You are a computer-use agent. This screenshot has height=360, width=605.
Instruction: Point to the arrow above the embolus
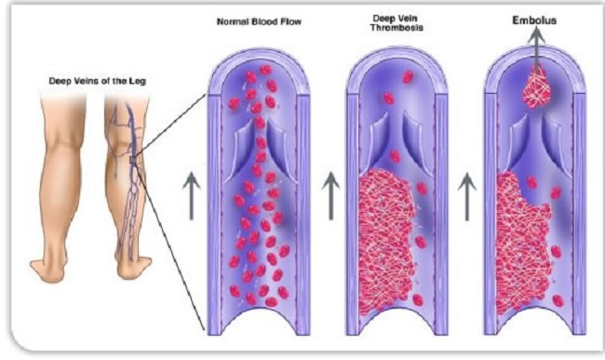click(x=536, y=43)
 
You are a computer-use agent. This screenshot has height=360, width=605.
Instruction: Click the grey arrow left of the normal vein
click(x=191, y=194)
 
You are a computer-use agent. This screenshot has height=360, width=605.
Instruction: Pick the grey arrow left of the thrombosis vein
click(x=330, y=194)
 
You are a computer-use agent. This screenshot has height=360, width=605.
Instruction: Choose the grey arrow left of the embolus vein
click(x=468, y=194)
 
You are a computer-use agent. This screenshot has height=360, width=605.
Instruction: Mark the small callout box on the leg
click(x=135, y=164)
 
